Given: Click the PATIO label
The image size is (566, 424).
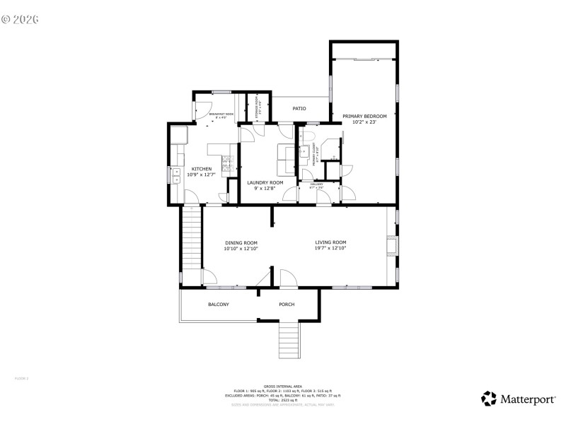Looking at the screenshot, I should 299,109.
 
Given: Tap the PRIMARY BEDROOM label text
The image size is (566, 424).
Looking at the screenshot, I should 364,116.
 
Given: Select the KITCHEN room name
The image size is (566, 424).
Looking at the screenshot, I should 202,168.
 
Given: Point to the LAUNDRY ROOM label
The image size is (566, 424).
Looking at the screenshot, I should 265,182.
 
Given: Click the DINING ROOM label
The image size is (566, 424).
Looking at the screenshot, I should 241,243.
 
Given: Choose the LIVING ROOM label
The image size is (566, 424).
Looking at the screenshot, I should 330,242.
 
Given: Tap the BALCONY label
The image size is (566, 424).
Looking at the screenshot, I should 218,305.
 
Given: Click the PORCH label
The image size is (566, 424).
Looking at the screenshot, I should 287,305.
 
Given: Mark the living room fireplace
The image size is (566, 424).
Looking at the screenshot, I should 391,245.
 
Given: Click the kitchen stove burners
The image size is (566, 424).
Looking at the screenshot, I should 229,164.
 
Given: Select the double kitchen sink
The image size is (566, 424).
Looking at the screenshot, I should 175,175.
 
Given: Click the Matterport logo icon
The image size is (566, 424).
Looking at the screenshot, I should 489,399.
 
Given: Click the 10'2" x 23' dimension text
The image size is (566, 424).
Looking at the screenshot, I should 364,122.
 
